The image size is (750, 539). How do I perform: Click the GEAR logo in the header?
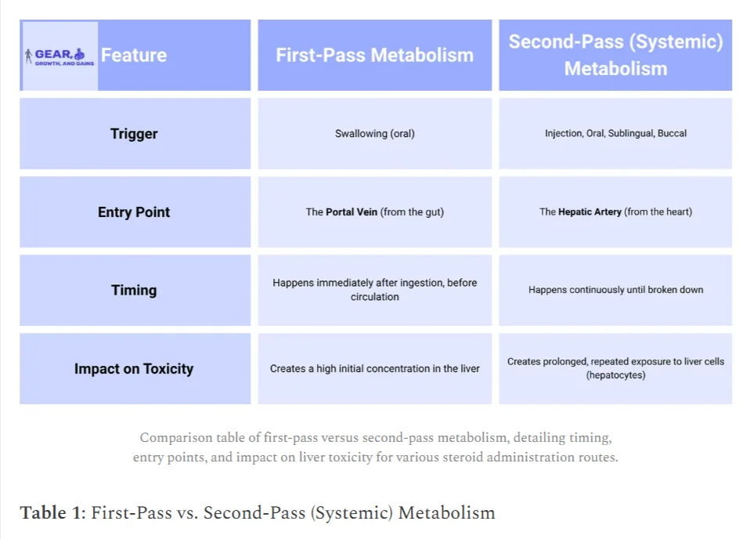pyautogui.click(x=59, y=56)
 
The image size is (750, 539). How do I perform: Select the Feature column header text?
pyautogui.click(x=134, y=55)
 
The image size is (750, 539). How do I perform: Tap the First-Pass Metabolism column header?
pyautogui.click(x=374, y=55)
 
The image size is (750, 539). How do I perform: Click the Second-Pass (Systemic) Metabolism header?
pyautogui.click(x=615, y=55)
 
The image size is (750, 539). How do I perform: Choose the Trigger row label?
pyautogui.click(x=134, y=133)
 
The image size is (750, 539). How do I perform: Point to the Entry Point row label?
pyautogui.click(x=134, y=212)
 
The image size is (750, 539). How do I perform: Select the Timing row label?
pyautogui.click(x=134, y=290)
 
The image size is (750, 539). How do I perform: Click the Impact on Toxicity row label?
pyautogui.click(x=134, y=368)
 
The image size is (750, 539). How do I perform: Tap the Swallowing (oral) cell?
pyautogui.click(x=374, y=133)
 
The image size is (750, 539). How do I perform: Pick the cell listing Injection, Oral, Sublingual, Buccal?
pyautogui.click(x=615, y=133)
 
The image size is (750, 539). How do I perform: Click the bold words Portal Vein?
pyautogui.click(x=352, y=212)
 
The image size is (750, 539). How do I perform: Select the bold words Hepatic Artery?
pyautogui.click(x=590, y=212)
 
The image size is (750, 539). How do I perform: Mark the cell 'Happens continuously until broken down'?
pyautogui.click(x=615, y=290)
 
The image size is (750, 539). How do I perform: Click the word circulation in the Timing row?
pyautogui.click(x=374, y=297)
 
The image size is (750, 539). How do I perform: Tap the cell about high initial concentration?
pyautogui.click(x=374, y=368)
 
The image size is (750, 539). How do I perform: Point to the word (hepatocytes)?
pyautogui.click(x=615, y=375)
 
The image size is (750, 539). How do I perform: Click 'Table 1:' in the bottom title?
pyautogui.click(x=52, y=512)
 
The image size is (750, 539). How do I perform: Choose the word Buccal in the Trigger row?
pyautogui.click(x=672, y=133)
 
